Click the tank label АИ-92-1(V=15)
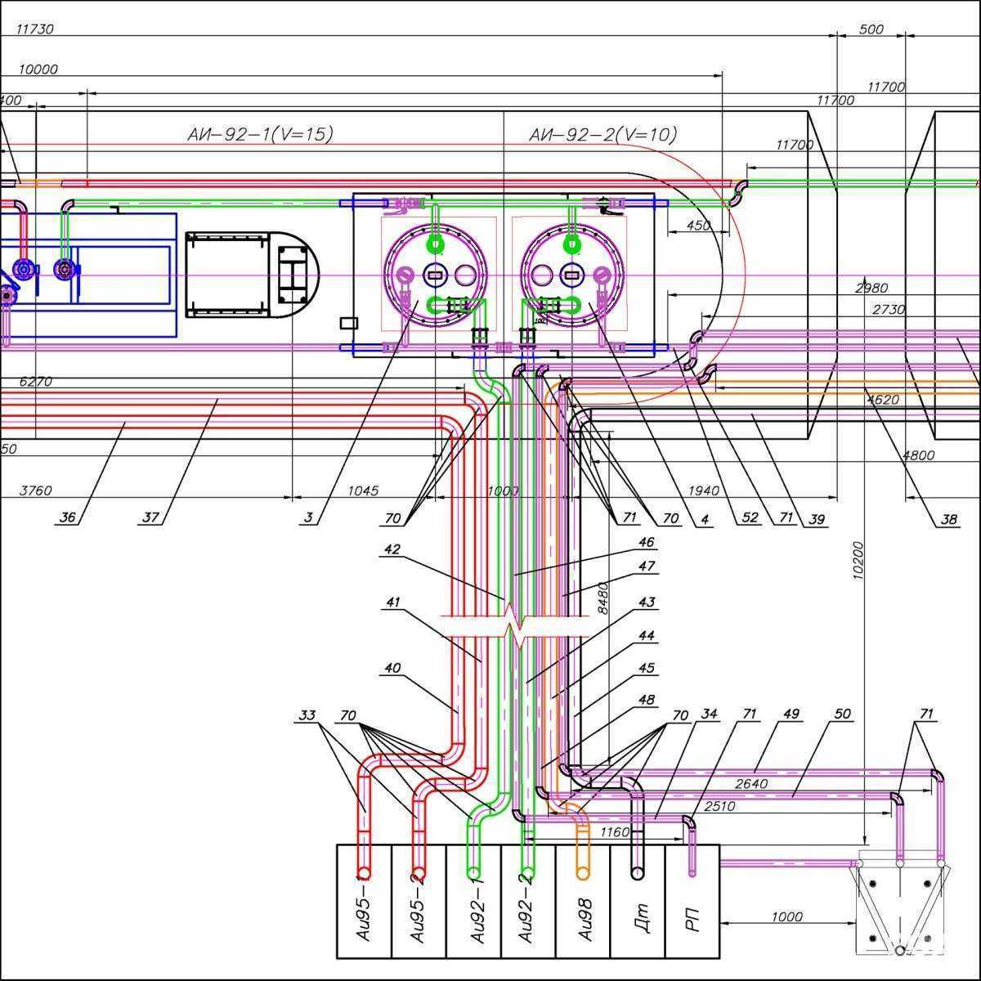[x=260, y=134]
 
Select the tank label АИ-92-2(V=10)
[x=603, y=134]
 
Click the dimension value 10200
[x=858, y=560]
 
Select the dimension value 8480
[x=602, y=598]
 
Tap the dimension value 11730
[x=34, y=29]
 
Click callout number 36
[x=68, y=517]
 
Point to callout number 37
[x=150, y=517]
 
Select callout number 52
[x=750, y=517]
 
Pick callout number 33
[x=307, y=715]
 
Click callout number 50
[x=842, y=714]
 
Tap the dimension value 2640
[x=751, y=784]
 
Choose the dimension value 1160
[x=615, y=832]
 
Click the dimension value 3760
[x=35, y=490]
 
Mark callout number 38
[x=948, y=518]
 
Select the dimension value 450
[x=698, y=226]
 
